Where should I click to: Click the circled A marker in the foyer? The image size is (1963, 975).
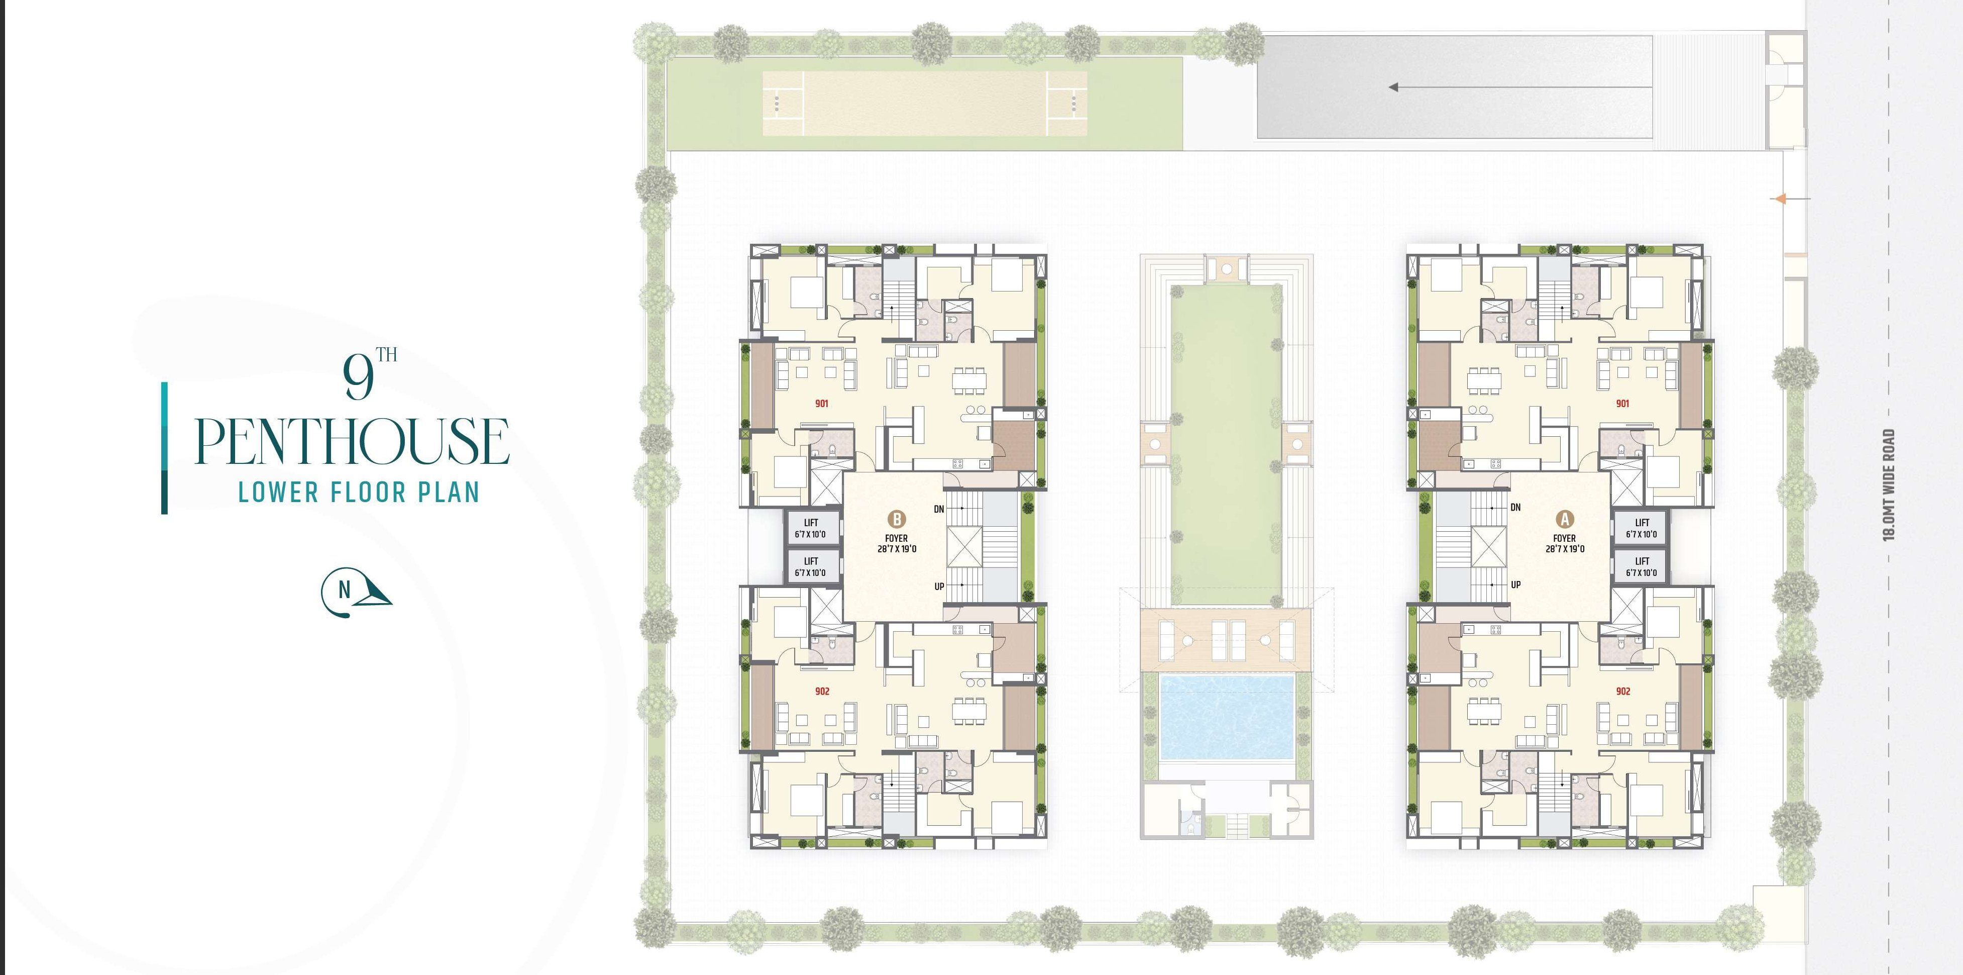point(1565,520)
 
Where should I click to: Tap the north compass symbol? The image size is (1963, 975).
point(355,591)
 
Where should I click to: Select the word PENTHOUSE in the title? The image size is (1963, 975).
point(352,441)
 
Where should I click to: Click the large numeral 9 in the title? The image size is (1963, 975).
point(358,378)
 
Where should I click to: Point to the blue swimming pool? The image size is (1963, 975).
point(1226,717)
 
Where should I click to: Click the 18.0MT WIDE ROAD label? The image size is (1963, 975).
point(1888,485)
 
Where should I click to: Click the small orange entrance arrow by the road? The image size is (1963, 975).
point(1780,199)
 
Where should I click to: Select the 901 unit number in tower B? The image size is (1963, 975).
point(821,403)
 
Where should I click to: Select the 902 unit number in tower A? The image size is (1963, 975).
point(1623,692)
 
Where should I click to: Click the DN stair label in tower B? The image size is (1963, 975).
point(939,509)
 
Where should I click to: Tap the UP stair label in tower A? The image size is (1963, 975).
point(1515,584)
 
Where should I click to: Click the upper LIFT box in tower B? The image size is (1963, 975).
point(811,528)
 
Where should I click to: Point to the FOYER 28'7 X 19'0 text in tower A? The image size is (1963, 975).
point(1565,543)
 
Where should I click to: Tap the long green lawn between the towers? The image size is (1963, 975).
point(1226,442)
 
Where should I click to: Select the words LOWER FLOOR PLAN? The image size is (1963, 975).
point(359,493)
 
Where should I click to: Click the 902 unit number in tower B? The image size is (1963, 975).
point(821,692)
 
